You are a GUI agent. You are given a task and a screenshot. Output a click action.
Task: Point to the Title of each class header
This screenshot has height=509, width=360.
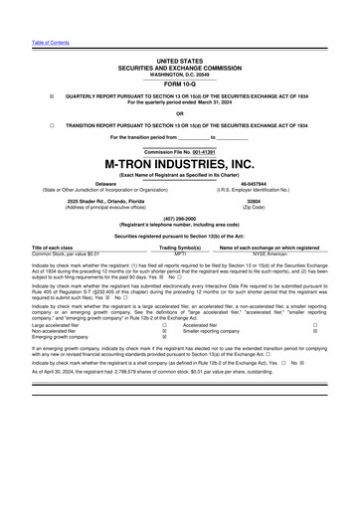[53, 246]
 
